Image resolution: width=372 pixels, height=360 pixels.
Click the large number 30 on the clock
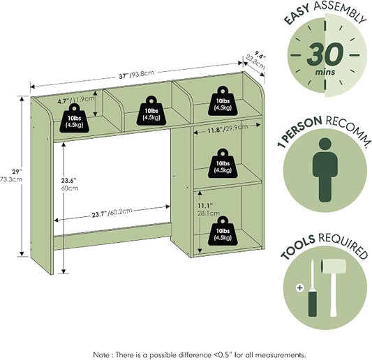pos(325,55)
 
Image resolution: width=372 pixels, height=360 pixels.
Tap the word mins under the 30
pos(325,72)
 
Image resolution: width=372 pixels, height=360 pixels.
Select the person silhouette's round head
pos(325,144)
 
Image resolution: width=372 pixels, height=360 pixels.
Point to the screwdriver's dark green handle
pos(313,303)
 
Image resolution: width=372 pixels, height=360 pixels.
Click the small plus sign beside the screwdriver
pos(300,288)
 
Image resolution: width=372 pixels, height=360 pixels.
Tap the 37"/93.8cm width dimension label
pos(136,75)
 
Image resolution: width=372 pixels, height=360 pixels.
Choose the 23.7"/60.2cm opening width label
pos(112,213)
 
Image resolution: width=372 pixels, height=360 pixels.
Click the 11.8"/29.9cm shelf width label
pos(228,129)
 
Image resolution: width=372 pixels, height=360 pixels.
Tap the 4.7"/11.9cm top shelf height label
pos(76,100)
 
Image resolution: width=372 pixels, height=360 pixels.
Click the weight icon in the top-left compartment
pos(74,118)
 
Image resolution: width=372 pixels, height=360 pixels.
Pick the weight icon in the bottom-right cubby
pos(223,231)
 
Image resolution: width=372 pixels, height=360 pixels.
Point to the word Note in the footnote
pos(101,355)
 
